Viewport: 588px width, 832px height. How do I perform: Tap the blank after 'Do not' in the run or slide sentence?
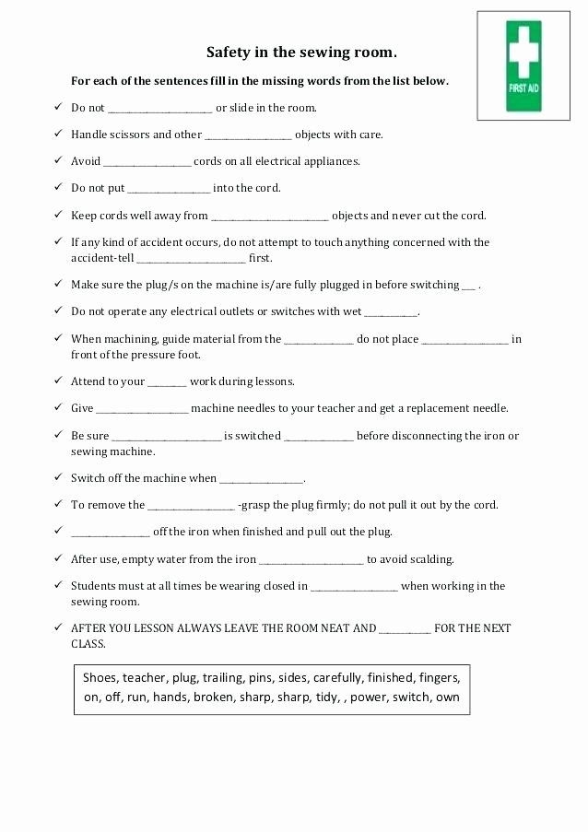[x=160, y=109]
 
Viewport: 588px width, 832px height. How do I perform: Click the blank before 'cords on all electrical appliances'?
[x=147, y=162]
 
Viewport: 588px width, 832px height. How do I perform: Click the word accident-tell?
[x=101, y=258]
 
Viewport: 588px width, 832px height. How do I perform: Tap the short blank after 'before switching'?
[x=469, y=286]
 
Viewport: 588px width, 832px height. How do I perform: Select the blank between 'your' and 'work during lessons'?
[x=167, y=382]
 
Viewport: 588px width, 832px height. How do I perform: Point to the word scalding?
[x=431, y=559]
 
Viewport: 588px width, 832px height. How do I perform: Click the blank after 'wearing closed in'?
[x=354, y=587]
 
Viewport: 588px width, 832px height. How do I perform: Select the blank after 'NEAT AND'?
[x=405, y=629]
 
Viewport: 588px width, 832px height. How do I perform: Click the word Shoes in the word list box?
[x=100, y=677]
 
